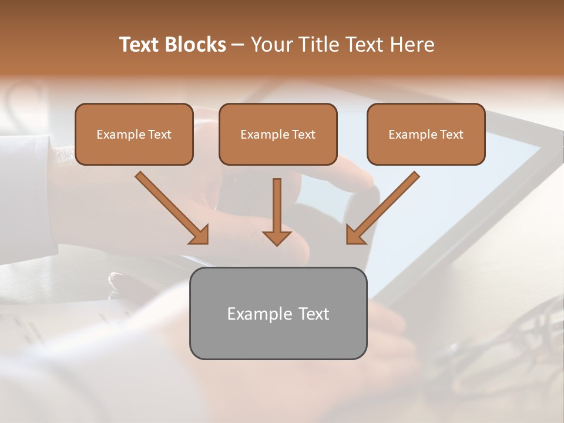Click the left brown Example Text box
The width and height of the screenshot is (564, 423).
(x=134, y=134)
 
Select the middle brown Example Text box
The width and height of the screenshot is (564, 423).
(x=278, y=134)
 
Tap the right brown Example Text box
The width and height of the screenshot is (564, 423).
(x=426, y=134)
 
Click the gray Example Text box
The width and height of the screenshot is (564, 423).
(x=278, y=313)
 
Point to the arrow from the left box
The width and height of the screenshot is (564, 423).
(x=170, y=207)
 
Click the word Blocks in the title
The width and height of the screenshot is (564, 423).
(x=196, y=45)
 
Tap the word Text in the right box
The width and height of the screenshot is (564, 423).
(x=451, y=135)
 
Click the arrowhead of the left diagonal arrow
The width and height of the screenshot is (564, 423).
(x=200, y=235)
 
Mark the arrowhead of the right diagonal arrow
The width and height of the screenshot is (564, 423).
(x=355, y=234)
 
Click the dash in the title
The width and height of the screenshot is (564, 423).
(x=238, y=45)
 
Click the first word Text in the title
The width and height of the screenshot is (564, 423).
(x=140, y=45)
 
